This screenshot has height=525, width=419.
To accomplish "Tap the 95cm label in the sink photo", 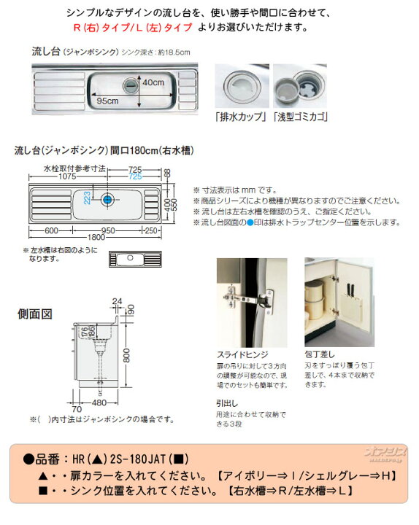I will (107, 101).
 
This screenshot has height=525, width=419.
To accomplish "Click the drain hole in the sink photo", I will (132, 86).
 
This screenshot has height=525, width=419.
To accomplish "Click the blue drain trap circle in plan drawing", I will (107, 199).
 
